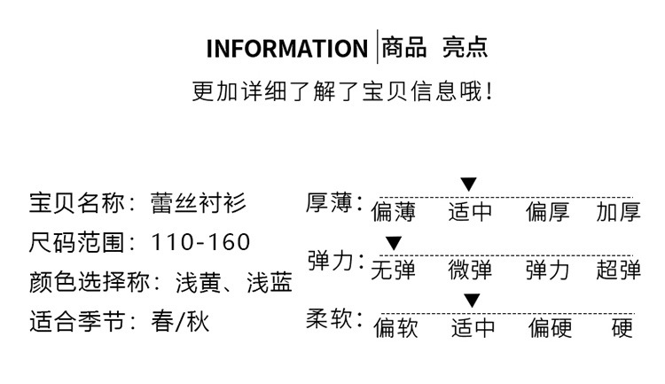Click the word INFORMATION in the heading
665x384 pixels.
[286, 48]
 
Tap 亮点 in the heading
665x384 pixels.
[465, 47]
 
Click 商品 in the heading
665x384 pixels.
[404, 47]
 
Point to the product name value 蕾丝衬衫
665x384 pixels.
[199, 203]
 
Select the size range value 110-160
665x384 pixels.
[201, 242]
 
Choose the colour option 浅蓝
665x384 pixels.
[269, 282]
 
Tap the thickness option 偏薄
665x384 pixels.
[393, 213]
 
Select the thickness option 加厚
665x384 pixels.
[618, 213]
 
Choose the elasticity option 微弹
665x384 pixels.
[470, 270]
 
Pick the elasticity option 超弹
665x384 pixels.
[618, 270]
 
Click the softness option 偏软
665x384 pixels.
[395, 328]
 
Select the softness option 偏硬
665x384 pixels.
[551, 328]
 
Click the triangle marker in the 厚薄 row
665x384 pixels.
[469, 184]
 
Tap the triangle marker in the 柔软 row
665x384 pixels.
[472, 300]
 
